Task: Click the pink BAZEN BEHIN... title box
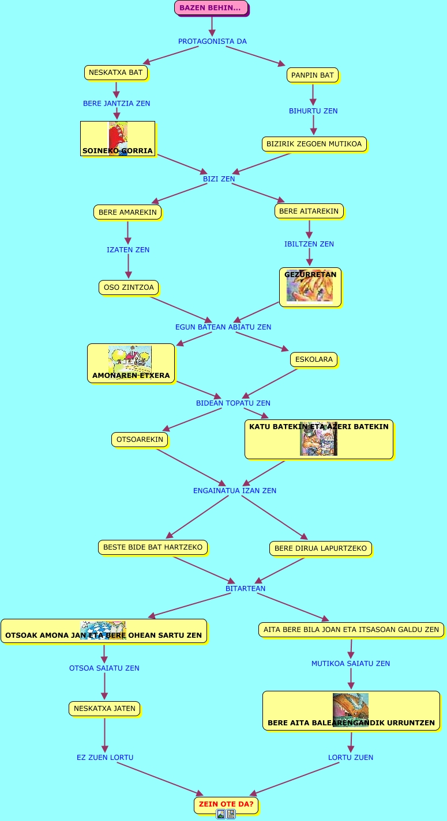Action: point(211,8)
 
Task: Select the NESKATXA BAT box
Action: point(115,73)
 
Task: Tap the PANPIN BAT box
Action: point(312,75)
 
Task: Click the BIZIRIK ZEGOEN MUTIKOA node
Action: point(314,144)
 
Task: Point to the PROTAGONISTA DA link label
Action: point(212,41)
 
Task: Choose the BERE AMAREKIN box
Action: point(127,212)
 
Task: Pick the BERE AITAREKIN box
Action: point(309,211)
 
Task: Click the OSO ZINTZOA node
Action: point(128,287)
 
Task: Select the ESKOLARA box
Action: point(314,360)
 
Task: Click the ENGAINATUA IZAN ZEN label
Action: point(235,491)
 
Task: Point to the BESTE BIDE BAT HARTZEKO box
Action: point(153,547)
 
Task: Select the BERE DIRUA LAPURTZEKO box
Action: point(320,548)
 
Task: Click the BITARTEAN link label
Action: point(245,588)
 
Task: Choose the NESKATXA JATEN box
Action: point(104,709)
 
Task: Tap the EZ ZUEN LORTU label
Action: point(105,757)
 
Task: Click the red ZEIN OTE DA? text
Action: point(226,804)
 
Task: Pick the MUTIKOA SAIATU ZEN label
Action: point(351,663)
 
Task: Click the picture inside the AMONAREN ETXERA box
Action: point(130,358)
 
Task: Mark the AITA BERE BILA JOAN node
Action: point(351,630)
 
